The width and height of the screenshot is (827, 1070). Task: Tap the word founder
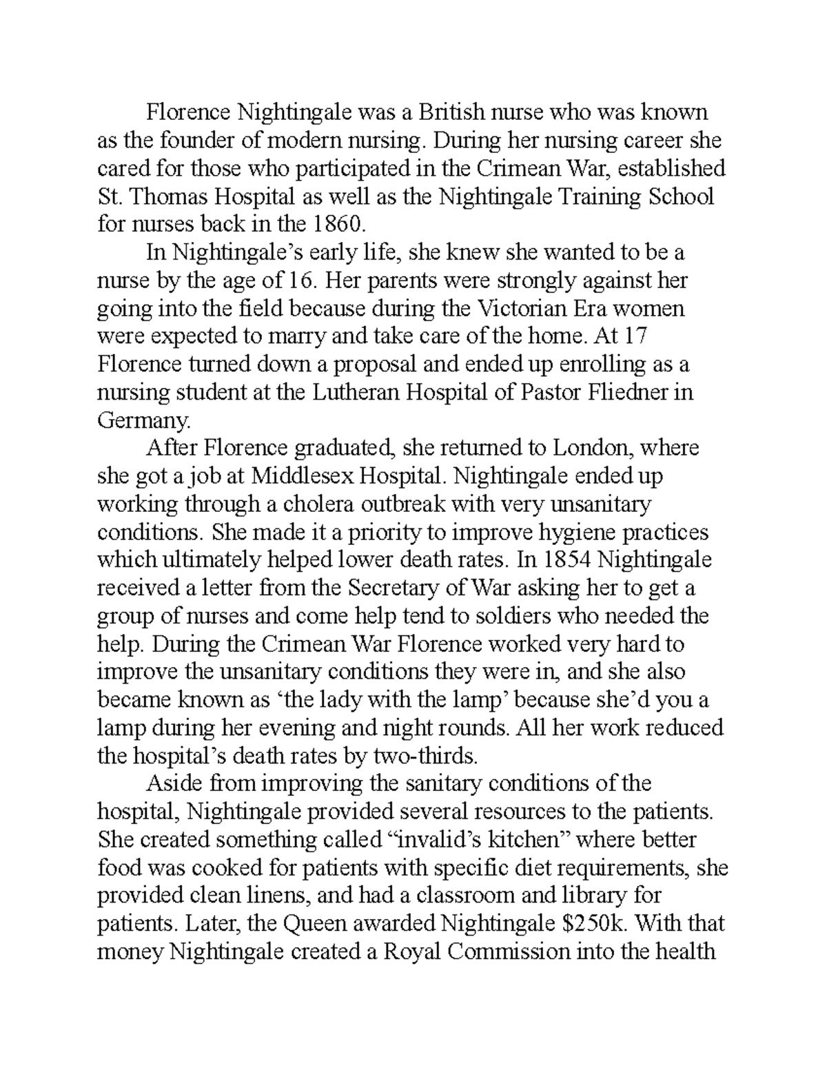[198, 141]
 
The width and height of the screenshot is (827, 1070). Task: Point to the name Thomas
[167, 197]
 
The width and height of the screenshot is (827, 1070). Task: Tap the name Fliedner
[622, 393]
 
